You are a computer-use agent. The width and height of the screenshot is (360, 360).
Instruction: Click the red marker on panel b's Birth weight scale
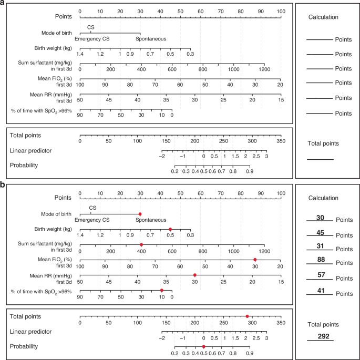(170, 229)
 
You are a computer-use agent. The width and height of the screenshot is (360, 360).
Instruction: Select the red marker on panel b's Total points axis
(247, 316)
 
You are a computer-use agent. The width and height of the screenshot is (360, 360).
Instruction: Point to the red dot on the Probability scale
(204, 346)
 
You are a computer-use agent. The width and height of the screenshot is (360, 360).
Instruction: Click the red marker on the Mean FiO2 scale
(255, 260)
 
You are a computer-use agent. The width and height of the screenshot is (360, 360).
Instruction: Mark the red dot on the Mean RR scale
(195, 275)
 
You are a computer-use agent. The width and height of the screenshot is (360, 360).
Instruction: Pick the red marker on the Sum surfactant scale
(141, 244)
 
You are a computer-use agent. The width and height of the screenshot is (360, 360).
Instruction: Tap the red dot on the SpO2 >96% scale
(162, 290)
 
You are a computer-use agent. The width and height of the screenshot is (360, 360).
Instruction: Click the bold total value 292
(320, 336)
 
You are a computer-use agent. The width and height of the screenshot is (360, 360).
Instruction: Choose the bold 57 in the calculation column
(320, 274)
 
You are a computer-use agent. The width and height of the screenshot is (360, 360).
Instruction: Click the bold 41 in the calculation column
(320, 289)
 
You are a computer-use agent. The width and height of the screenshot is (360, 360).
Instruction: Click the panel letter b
(3, 185)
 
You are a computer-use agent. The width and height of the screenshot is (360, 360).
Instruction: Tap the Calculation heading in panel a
(323, 17)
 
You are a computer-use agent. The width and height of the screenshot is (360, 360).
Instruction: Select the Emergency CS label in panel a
(92, 39)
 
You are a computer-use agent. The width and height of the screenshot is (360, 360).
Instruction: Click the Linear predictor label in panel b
(30, 332)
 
